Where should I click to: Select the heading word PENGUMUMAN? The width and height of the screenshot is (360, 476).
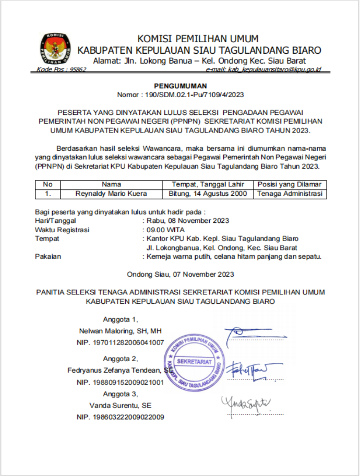(x=181, y=86)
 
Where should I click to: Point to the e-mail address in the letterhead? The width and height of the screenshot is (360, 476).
(x=263, y=69)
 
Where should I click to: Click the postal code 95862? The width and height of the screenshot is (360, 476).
(x=78, y=69)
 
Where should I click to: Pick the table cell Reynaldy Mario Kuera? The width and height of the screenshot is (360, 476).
(x=111, y=194)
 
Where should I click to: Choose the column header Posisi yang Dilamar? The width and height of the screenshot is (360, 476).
(x=290, y=184)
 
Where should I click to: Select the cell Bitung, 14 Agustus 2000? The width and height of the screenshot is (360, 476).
(x=208, y=194)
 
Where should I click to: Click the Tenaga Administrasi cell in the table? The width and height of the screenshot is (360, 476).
(x=290, y=194)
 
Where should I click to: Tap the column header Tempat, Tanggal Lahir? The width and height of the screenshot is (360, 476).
(x=208, y=184)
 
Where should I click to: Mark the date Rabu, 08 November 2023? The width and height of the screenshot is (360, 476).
(x=188, y=221)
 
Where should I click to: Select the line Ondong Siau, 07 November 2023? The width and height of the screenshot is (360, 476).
(x=181, y=274)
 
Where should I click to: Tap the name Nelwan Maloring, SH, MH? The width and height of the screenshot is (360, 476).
(x=121, y=331)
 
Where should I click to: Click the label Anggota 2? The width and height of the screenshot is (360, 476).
(x=121, y=359)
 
